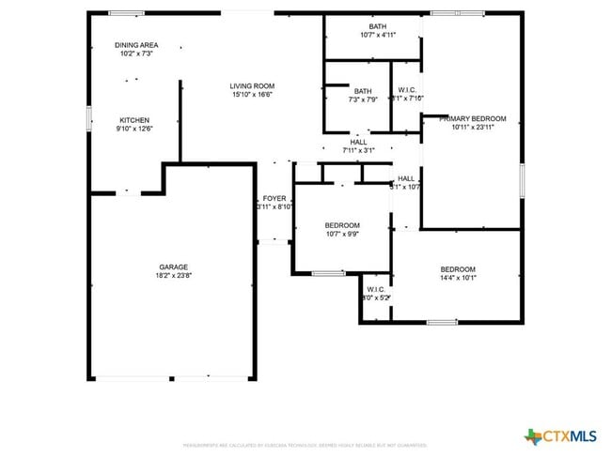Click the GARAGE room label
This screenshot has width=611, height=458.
tap(173, 267)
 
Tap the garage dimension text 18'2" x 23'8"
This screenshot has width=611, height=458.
tap(173, 276)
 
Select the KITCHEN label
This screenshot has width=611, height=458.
tap(134, 120)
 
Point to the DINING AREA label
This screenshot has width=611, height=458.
tap(136, 45)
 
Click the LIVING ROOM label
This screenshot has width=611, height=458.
tap(252, 86)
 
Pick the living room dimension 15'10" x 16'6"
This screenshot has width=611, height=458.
tap(252, 95)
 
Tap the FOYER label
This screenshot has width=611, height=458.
tap(274, 198)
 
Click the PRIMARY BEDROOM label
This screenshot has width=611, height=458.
tap(478, 119)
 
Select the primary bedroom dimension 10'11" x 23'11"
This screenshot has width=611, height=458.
tap(478, 128)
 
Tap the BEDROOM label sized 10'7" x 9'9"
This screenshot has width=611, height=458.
tap(342, 225)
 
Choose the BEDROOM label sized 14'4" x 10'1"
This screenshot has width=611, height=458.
tap(459, 269)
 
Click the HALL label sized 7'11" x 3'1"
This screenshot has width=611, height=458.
tap(358, 142)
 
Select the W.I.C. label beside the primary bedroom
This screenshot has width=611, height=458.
tap(406, 91)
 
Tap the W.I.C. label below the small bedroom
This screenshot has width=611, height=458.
tap(376, 289)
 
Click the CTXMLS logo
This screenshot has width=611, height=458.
tap(561, 435)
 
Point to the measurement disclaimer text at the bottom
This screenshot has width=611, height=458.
tap(305, 445)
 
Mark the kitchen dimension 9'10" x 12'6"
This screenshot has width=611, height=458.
tap(134, 129)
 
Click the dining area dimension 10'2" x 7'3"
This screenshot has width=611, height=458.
tap(136, 53)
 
